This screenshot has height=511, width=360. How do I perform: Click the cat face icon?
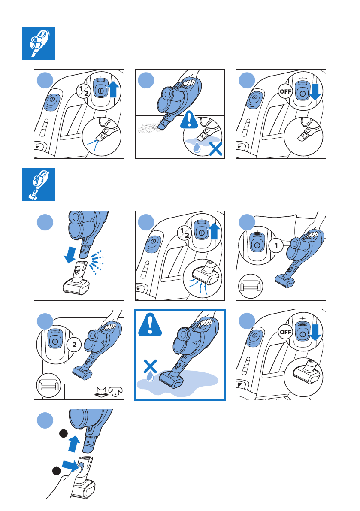[101, 392]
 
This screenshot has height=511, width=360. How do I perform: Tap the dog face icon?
[116, 392]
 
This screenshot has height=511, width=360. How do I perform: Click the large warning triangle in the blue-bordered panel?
[150, 325]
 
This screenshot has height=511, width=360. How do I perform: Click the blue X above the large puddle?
[150, 366]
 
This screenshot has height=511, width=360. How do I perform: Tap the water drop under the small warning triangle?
[197, 148]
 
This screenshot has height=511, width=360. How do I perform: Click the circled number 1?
[276, 245]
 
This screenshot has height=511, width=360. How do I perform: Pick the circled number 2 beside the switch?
[74, 344]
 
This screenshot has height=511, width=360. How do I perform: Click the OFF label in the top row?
[285, 91]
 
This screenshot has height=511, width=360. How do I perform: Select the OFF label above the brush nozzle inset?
[285, 332]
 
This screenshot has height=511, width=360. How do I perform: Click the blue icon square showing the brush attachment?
[39, 185]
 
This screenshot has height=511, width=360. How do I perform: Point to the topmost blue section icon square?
[39, 43]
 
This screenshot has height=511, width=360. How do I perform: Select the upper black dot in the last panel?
[63, 434]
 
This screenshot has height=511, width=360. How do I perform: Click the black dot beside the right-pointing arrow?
[56, 471]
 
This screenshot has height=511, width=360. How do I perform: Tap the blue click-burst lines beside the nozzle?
[97, 262]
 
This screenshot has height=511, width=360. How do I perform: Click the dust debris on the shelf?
[148, 128]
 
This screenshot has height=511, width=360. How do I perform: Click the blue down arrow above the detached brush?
[70, 254]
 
